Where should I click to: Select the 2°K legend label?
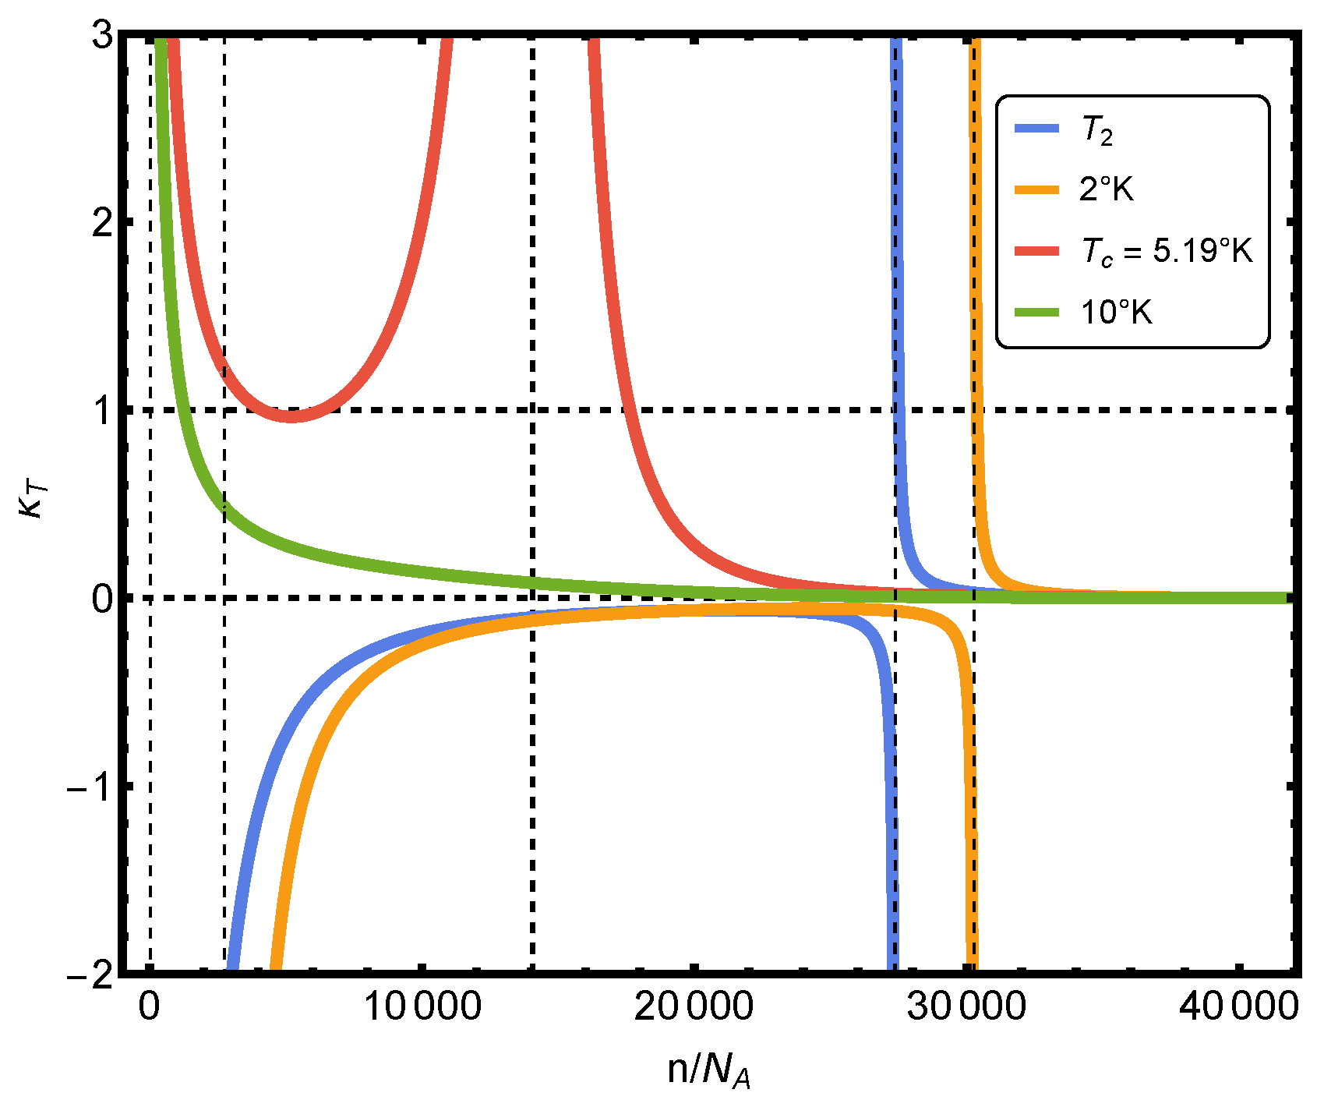1106,189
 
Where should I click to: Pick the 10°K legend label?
1116,313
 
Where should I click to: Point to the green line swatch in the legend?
1036,313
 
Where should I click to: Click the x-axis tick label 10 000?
422,1006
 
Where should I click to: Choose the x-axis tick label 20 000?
694,1006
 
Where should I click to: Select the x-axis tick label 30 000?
966,1006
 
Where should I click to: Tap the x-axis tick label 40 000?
1238,1006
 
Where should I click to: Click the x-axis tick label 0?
149,1006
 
